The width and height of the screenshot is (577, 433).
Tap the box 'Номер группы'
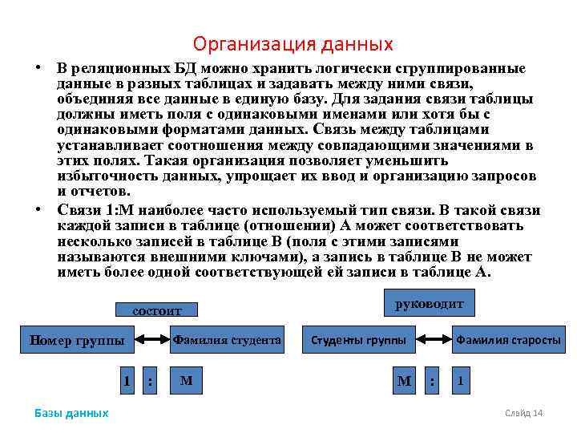[x=77, y=340]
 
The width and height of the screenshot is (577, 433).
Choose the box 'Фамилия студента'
[x=227, y=340]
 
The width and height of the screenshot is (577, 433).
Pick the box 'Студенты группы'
[x=359, y=340]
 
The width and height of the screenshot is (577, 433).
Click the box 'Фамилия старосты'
[x=508, y=340]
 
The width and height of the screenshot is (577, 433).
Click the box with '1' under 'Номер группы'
[x=127, y=380]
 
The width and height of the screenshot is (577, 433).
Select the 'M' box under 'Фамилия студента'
[x=187, y=380]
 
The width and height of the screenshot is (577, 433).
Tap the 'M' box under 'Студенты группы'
[x=404, y=380]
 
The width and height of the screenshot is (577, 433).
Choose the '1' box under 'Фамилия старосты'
[x=460, y=380]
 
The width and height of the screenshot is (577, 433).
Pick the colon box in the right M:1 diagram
[x=433, y=381]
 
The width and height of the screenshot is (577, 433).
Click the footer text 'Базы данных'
[x=71, y=413]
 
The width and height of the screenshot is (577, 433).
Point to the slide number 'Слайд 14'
[x=524, y=413]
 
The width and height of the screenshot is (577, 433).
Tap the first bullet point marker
[x=38, y=67]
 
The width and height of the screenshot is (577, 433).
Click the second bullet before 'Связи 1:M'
[x=38, y=209]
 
